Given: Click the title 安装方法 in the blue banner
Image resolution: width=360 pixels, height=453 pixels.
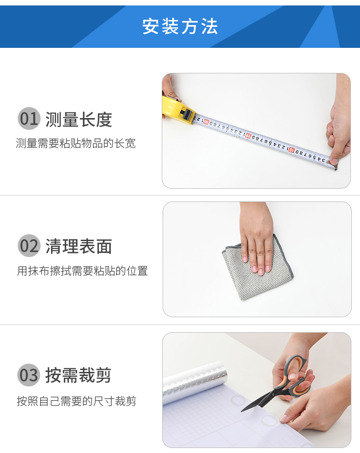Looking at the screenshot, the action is coord(180,26).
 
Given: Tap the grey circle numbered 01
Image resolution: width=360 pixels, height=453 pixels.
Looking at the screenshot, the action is coord(29,118).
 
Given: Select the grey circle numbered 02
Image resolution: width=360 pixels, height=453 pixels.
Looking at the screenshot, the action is coord(29,246).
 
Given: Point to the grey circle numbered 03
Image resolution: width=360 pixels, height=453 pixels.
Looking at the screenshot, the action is coord(29,375).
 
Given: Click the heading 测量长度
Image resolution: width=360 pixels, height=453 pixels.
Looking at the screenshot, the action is coord(78,119).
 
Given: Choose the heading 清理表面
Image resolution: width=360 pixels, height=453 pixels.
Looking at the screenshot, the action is coord(78,247).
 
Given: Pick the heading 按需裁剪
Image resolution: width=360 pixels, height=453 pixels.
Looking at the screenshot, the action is coord(78,375).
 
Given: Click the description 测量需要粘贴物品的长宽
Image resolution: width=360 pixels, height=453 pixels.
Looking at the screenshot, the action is coord(76,143).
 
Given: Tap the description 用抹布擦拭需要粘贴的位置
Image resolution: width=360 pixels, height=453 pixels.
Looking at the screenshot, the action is coord(82,271).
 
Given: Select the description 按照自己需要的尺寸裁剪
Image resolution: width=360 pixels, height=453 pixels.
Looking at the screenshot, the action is coord(76,401).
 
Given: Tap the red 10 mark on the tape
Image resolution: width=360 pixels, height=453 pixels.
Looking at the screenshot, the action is coord(292,149).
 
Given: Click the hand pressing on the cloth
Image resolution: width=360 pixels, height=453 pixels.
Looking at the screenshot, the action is coord(257,237).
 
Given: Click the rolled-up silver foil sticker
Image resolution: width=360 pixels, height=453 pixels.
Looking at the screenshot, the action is coord(195,381).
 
